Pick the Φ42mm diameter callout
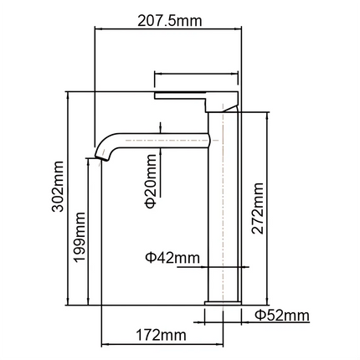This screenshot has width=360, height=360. tap(176, 257)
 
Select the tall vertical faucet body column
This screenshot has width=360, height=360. tap(224, 209)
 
